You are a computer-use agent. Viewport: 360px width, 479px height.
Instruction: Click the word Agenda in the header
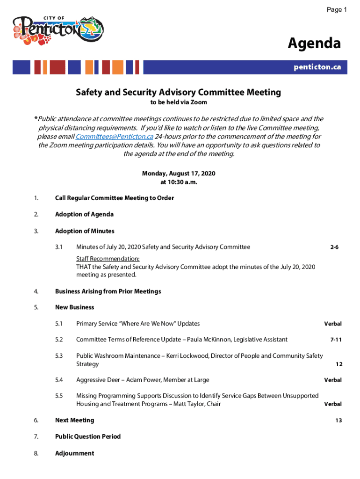(314, 44)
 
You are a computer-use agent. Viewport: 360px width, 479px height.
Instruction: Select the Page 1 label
(336, 10)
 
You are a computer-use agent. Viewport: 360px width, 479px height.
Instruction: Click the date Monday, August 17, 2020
(179, 174)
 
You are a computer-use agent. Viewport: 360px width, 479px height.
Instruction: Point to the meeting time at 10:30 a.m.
(179, 182)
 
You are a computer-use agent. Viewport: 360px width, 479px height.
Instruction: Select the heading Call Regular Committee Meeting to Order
(115, 198)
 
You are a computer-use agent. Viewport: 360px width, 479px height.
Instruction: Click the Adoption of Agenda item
(84, 214)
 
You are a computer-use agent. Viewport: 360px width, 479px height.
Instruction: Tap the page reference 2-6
(334, 247)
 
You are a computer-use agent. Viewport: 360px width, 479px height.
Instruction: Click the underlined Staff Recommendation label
(108, 259)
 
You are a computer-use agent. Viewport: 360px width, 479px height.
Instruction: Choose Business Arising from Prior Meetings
(108, 291)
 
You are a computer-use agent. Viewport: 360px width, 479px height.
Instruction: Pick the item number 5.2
(58, 340)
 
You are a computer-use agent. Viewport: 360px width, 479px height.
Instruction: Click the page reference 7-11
(336, 340)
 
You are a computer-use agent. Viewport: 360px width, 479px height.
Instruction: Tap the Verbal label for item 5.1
(333, 324)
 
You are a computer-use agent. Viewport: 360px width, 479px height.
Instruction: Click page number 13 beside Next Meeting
(338, 421)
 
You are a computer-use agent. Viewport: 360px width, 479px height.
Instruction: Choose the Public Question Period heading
(88, 436)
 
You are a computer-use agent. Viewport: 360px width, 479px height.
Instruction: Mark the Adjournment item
(74, 453)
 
